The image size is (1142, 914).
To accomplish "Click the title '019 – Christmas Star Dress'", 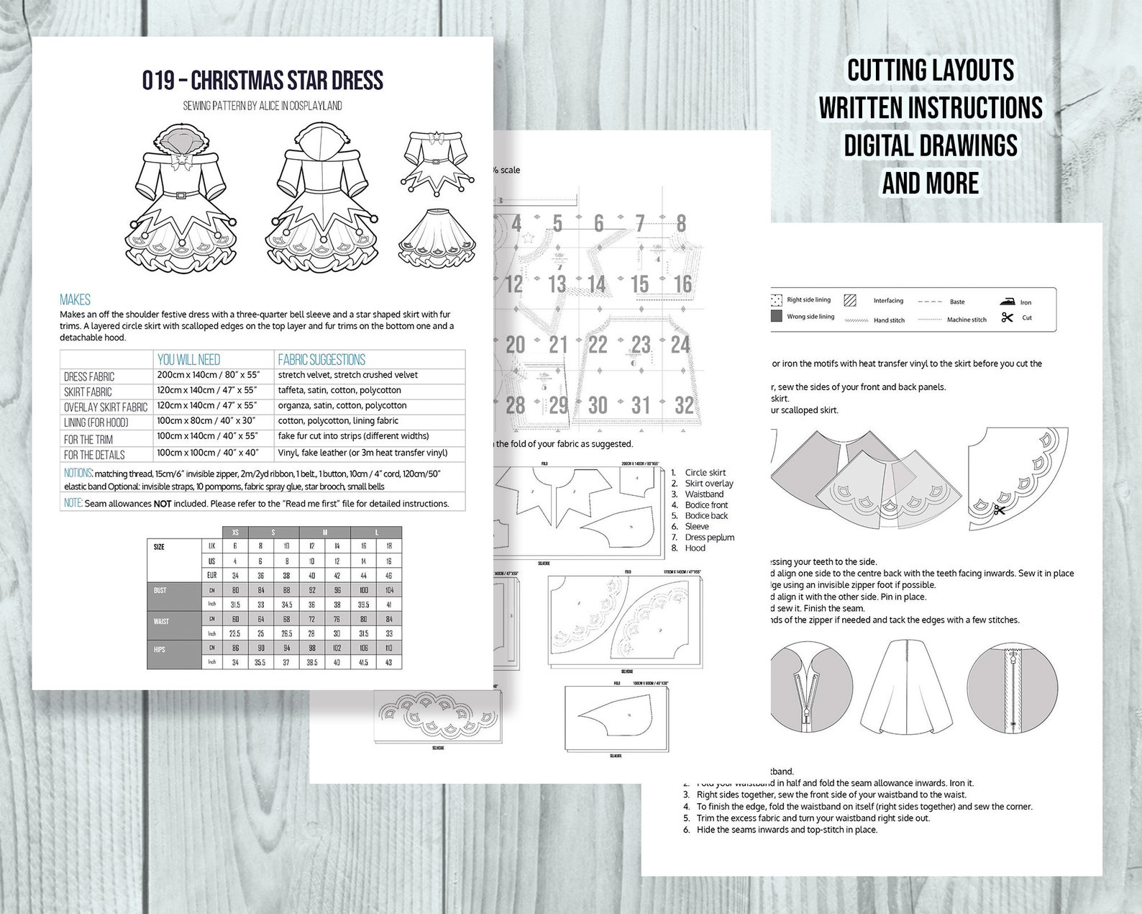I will (262, 80).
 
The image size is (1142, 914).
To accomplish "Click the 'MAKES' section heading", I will (75, 299).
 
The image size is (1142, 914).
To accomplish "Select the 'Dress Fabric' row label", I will (89, 376).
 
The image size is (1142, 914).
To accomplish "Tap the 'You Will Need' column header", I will (188, 359).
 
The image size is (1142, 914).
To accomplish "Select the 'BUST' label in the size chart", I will (160, 591).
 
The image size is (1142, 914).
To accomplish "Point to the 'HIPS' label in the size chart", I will (160, 650).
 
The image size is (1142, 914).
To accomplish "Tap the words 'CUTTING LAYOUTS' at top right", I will (931, 71).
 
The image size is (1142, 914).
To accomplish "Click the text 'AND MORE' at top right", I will (931, 183).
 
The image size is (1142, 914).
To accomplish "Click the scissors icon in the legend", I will (1007, 317).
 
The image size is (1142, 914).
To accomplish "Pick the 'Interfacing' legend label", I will (888, 301).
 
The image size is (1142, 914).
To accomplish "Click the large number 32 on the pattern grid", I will (683, 405).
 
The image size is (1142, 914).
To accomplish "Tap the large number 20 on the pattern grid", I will (515, 345).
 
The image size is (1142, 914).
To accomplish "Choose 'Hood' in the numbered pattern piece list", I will (696, 548).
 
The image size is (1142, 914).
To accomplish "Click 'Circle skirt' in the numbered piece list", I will (705, 473).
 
